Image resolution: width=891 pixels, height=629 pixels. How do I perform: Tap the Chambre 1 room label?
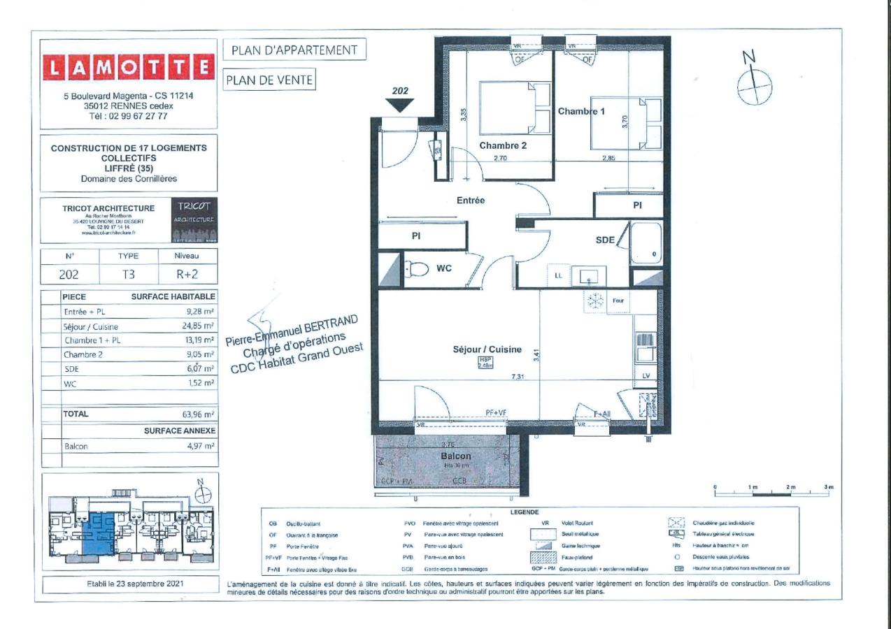coord(581,111)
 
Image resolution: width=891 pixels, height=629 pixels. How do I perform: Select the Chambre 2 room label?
coord(502,145)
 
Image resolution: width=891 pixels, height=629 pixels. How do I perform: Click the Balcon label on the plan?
coord(456,456)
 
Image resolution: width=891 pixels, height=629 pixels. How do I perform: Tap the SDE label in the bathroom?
coord(605,240)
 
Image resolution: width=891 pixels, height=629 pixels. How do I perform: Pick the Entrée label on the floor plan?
coord(471,200)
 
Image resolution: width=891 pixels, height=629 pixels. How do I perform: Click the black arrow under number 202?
coord(399,106)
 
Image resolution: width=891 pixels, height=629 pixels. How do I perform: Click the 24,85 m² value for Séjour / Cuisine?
coord(199,326)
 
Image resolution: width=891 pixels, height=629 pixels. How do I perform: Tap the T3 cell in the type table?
coord(129,275)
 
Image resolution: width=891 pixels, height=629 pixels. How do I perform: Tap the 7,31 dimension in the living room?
coord(518,377)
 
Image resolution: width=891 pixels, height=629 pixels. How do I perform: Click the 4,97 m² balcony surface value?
coord(200,445)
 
